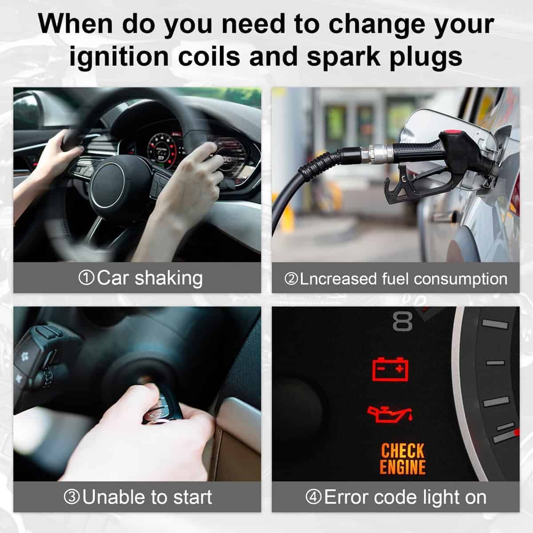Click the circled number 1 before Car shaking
[86, 278]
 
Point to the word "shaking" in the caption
[169, 278]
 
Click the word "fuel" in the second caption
[395, 278]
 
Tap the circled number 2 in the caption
[291, 279]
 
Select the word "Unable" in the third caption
[115, 497]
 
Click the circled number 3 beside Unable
[72, 497]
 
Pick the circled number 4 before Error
[314, 497]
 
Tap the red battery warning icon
[390, 369]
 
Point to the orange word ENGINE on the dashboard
[402, 467]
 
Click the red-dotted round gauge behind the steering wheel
[162, 151]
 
